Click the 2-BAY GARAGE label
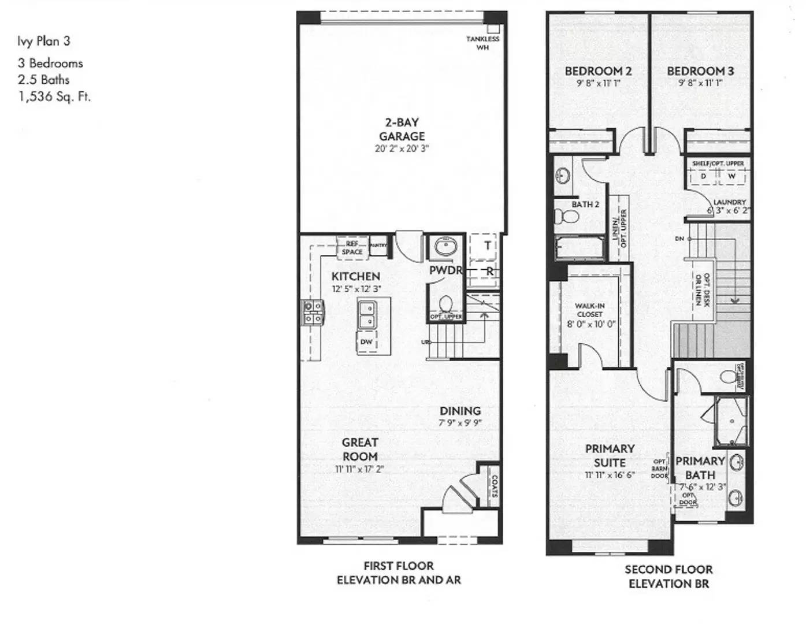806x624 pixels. [402, 129]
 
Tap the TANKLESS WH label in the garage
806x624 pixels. [482, 43]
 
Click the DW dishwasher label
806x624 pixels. [366, 342]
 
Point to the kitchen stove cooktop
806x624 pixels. [314, 312]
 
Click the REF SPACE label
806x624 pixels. [352, 248]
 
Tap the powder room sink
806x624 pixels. [445, 247]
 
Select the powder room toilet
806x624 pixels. [445, 303]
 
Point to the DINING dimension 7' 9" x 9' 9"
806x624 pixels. [460, 424]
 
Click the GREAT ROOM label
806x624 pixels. [360, 449]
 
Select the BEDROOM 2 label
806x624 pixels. [598, 71]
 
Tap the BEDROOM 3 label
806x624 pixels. [700, 71]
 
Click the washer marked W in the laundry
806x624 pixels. [731, 176]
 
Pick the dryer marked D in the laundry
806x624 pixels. [703, 176]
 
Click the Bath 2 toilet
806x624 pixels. [566, 216]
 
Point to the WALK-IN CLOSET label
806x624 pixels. [590, 310]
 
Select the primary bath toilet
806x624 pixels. [729, 377]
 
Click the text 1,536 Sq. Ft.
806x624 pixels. [54, 96]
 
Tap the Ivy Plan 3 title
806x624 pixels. [44, 41]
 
